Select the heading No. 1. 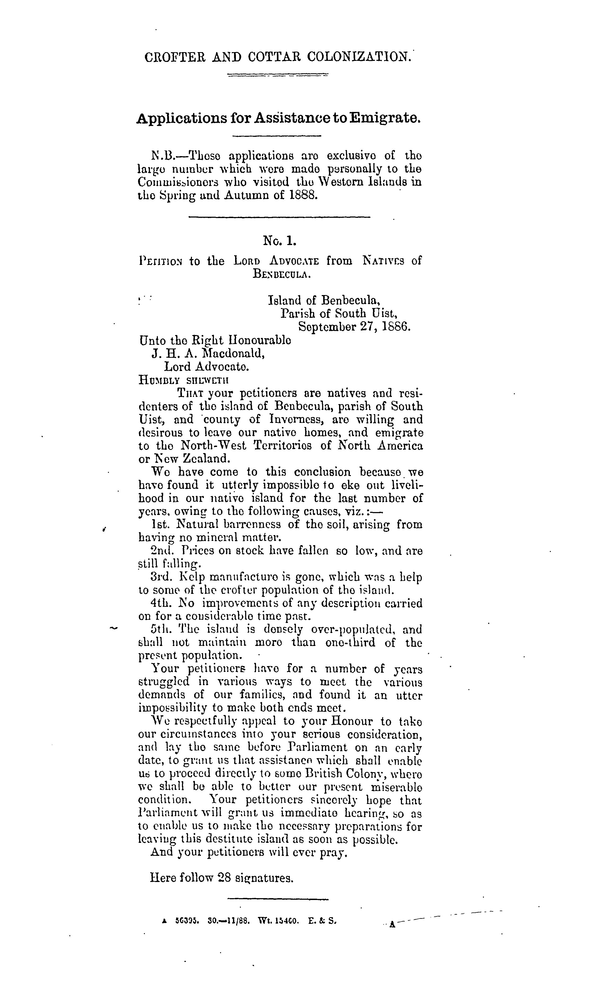[280, 241]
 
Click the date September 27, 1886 [354, 327]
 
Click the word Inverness [304, 419]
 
